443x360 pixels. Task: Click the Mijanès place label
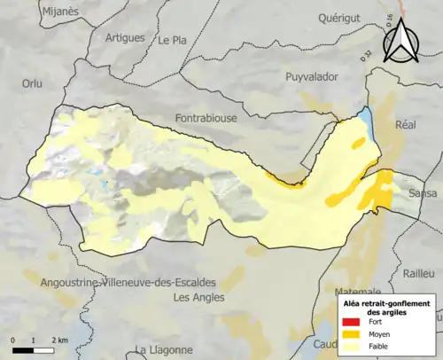click(59, 11)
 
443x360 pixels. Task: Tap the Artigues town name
click(125, 37)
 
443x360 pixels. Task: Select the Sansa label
click(424, 192)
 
